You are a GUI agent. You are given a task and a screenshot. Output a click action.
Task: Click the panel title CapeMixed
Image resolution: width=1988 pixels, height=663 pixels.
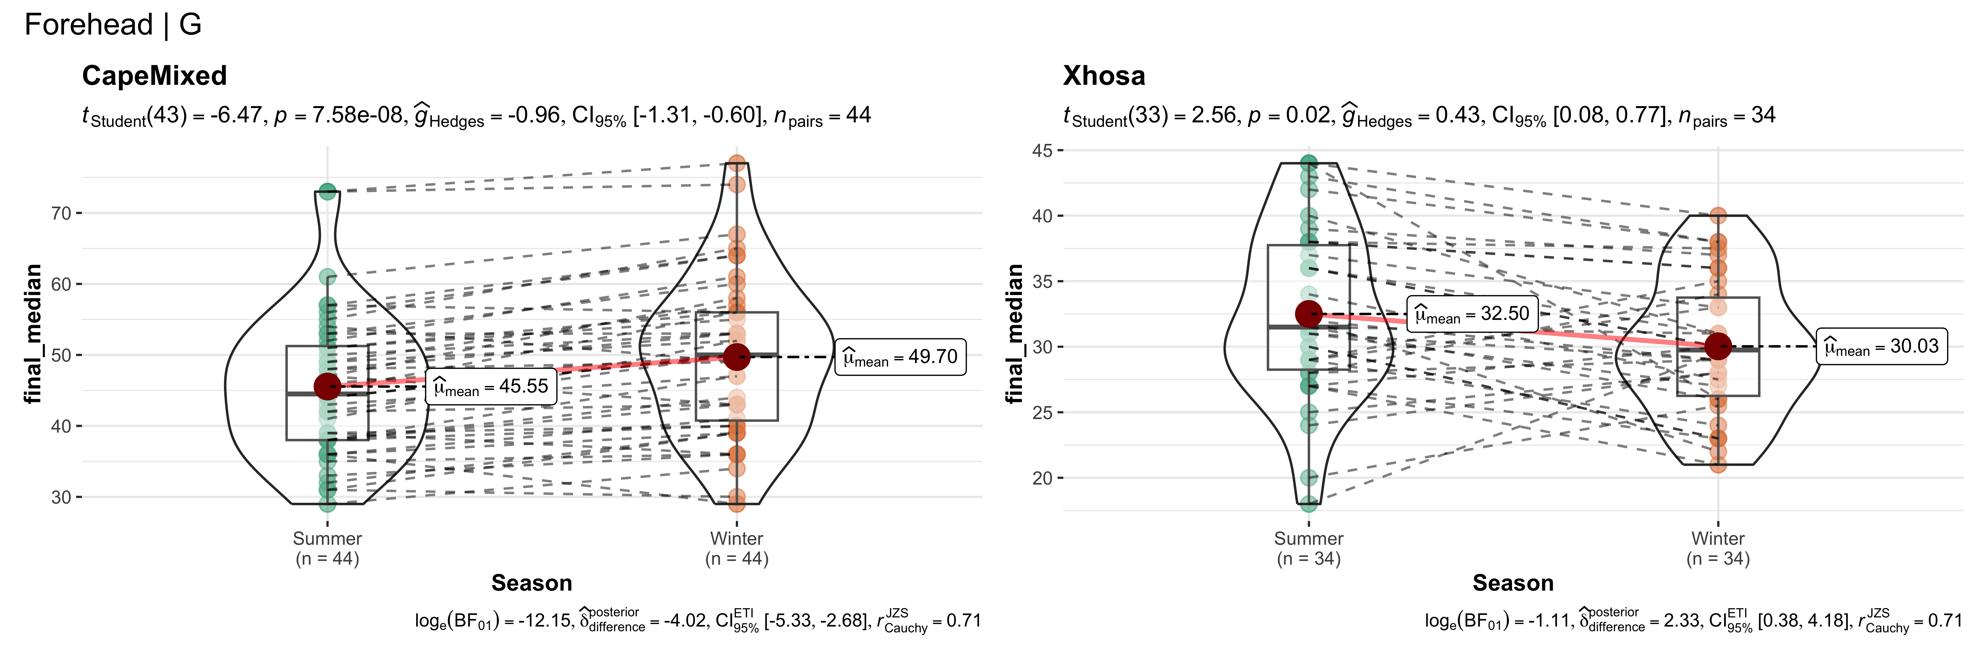[x=154, y=76]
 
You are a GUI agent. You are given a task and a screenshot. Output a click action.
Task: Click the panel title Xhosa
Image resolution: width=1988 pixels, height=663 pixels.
[x=1104, y=76]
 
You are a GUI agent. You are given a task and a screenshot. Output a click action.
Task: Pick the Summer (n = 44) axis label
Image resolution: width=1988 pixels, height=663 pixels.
[x=327, y=548]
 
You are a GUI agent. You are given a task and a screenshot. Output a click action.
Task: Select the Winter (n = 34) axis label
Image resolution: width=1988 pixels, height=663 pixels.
[x=1718, y=548]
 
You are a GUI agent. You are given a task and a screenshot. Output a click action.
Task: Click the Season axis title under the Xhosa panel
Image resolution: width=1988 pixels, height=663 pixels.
[x=1513, y=583]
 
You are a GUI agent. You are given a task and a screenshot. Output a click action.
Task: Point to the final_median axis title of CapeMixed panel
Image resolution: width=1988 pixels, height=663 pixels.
[x=32, y=333]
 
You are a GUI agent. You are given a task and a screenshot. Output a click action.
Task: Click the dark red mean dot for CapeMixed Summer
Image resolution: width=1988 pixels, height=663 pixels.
[x=327, y=387]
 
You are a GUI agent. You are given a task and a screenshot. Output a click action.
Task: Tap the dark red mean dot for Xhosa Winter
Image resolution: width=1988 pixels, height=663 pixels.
[x=1718, y=346]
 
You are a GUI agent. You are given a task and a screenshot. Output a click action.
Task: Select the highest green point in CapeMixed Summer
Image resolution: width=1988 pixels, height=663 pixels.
[x=327, y=191]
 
